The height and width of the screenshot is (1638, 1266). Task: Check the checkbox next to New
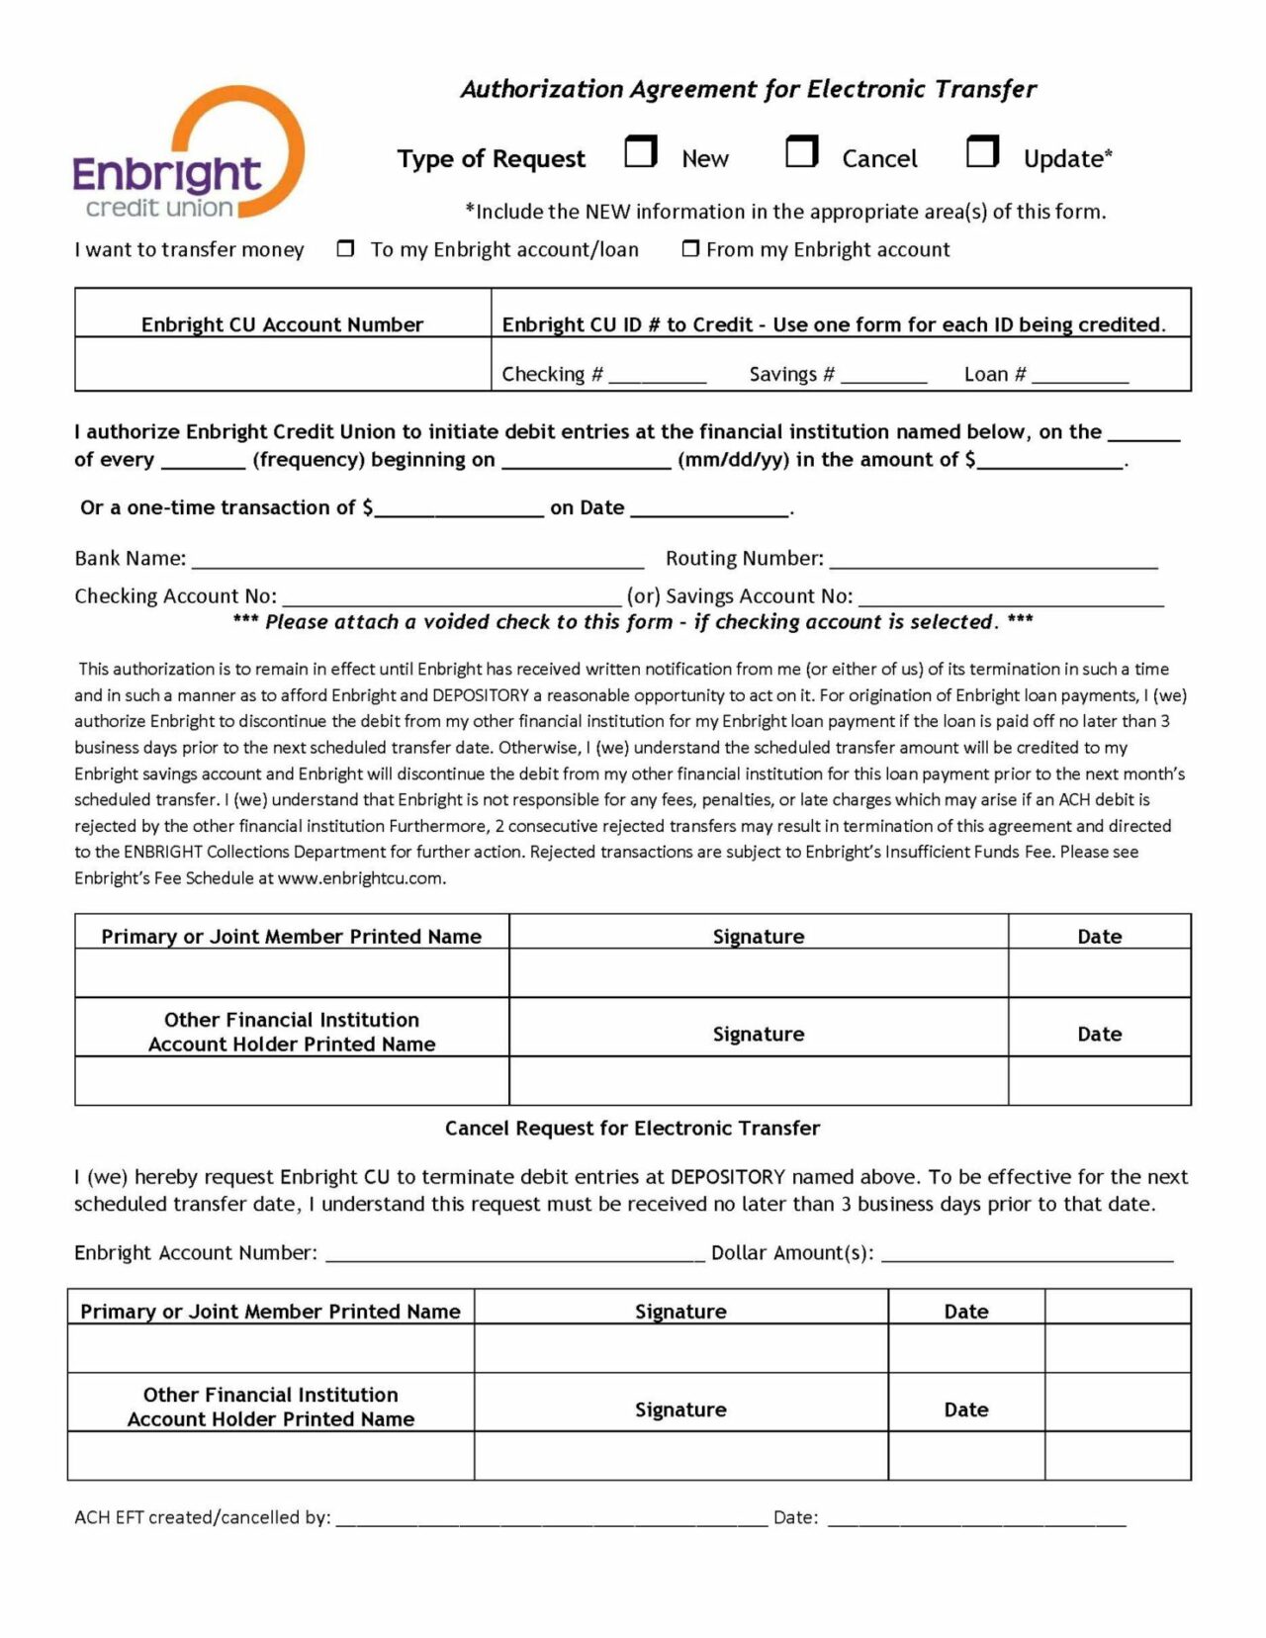pos(641,152)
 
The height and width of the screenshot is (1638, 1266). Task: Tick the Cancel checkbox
pos(801,152)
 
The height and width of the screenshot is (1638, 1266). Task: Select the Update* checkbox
pos(982,152)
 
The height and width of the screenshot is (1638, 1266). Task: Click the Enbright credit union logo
pos(188,153)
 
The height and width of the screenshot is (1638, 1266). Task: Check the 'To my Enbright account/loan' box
pos(345,249)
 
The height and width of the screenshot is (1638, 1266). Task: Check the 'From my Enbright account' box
pos(690,249)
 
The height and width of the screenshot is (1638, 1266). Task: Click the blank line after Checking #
pos(658,376)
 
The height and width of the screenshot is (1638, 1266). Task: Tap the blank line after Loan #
pos(1079,376)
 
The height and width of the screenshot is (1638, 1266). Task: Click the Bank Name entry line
pos(417,560)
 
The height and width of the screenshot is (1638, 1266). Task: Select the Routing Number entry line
pos(993,560)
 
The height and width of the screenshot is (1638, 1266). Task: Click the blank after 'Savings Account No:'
pos(1011,597)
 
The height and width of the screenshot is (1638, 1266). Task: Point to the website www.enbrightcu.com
pos(361,878)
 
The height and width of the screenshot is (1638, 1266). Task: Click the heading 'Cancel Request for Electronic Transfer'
pos(632,1129)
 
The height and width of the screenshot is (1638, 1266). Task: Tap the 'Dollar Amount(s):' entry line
pos(1027,1254)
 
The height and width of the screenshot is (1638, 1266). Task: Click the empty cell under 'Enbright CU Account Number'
pos(283,364)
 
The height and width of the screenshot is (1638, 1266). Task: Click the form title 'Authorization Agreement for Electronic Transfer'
pos(748,90)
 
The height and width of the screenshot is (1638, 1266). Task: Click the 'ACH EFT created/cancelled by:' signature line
pos(552,1518)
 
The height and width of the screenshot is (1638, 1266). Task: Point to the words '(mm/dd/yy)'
pos(733,460)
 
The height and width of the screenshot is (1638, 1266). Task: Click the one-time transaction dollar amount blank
pos(459,508)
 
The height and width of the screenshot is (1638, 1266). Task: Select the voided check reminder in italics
pos(632,622)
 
